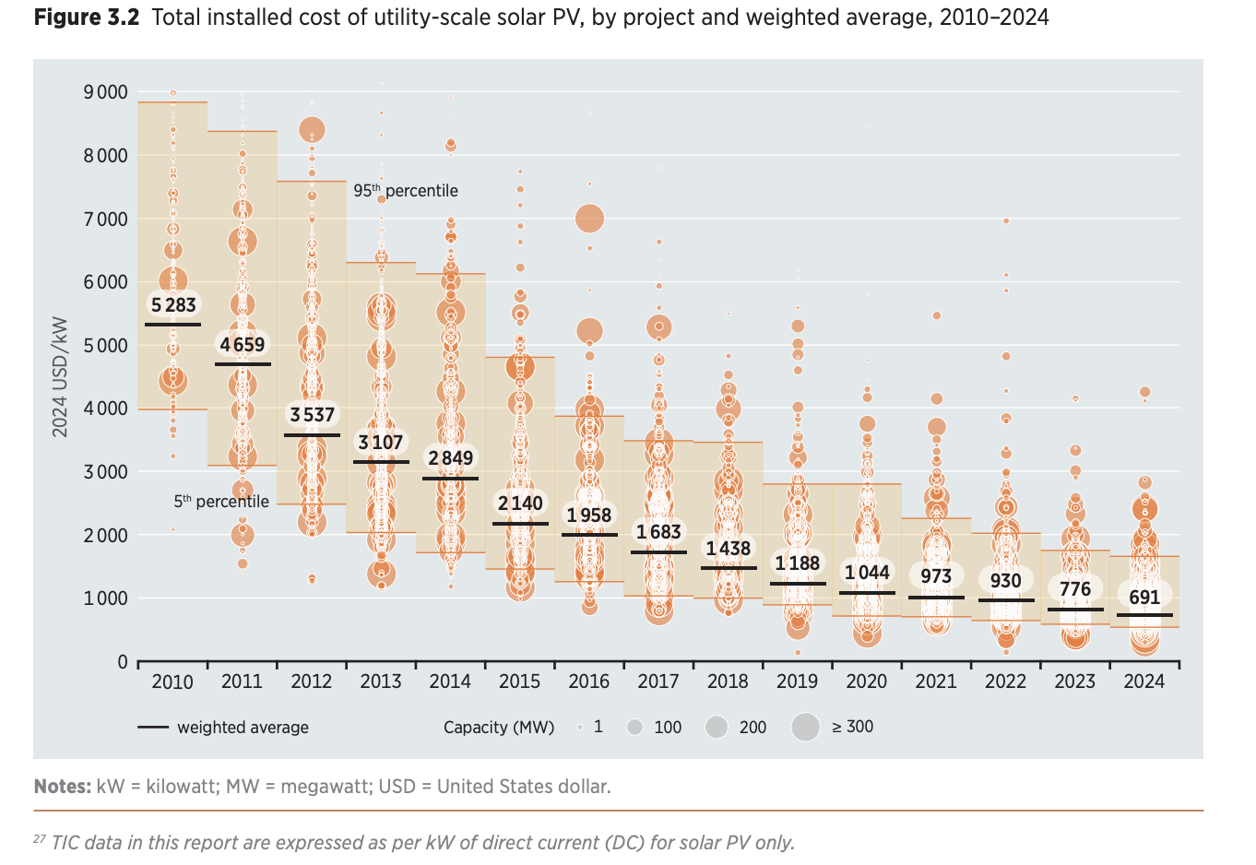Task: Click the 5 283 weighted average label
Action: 173,305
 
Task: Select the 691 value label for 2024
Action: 1144,597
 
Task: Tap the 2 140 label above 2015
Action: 520,504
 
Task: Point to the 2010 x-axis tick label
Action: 172,681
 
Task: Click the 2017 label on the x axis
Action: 658,681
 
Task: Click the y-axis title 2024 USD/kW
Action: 60,377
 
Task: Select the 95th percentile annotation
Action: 406,191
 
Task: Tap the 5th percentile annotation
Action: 221,502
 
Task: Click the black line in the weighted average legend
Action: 153,728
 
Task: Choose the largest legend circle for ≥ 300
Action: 806,728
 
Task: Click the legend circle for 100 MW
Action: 634,728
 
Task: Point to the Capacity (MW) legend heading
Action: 499,728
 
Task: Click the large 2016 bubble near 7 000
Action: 589,219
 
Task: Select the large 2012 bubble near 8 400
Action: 312,130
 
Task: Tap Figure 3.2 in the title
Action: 87,18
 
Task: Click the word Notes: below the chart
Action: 62,787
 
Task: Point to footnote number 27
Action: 40,840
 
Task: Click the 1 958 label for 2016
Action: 589,515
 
